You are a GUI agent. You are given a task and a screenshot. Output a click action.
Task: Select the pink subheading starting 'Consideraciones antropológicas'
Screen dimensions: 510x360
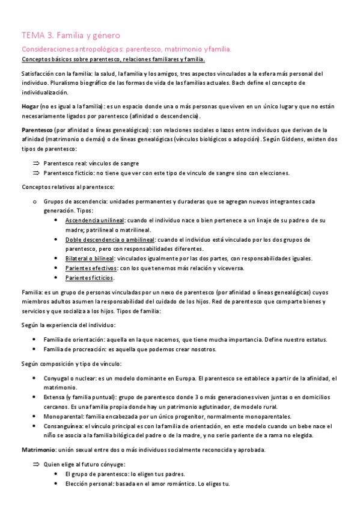[x=126, y=49]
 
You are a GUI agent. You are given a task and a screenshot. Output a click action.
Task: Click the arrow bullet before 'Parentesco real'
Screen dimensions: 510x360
[x=35, y=163]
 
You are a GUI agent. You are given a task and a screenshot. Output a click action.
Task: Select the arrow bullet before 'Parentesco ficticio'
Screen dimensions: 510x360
[x=35, y=173]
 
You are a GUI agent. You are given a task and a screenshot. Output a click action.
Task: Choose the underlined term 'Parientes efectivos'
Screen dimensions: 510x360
[x=91, y=268]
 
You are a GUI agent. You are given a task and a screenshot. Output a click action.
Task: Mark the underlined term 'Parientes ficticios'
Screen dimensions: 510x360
[x=90, y=278]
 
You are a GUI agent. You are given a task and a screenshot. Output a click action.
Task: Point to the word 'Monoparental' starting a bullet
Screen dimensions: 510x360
[x=64, y=416]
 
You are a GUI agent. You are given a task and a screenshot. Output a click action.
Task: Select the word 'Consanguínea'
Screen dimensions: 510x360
[x=64, y=426]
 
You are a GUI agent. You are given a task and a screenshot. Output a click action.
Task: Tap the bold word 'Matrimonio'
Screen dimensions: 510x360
[x=38, y=450]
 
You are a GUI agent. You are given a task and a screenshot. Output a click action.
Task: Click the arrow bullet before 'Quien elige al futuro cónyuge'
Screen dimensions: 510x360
[x=35, y=464]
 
